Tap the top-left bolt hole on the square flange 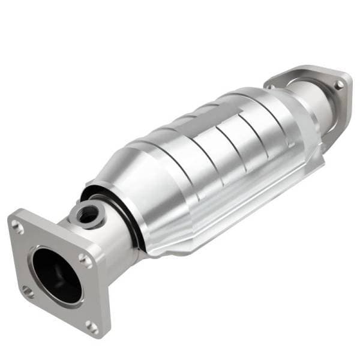click(x=18, y=226)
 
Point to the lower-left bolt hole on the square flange click(x=27, y=292)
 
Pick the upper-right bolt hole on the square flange click(x=85, y=260)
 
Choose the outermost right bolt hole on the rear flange click(x=340, y=85)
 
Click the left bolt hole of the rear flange click(x=271, y=86)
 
